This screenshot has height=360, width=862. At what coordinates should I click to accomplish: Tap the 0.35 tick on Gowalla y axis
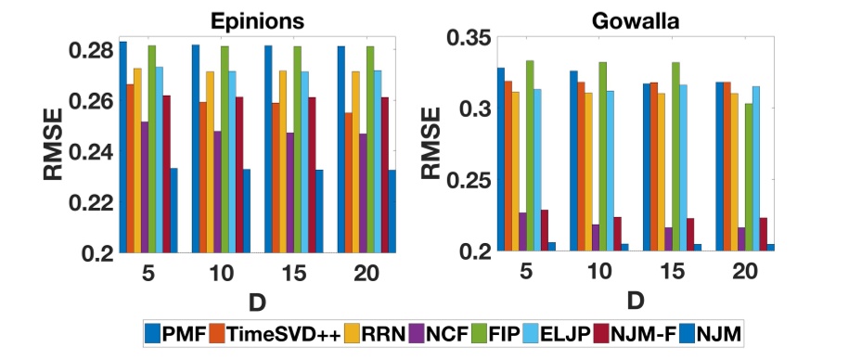pos(465,38)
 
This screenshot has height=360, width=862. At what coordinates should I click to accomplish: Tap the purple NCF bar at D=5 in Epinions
pos(144,186)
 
